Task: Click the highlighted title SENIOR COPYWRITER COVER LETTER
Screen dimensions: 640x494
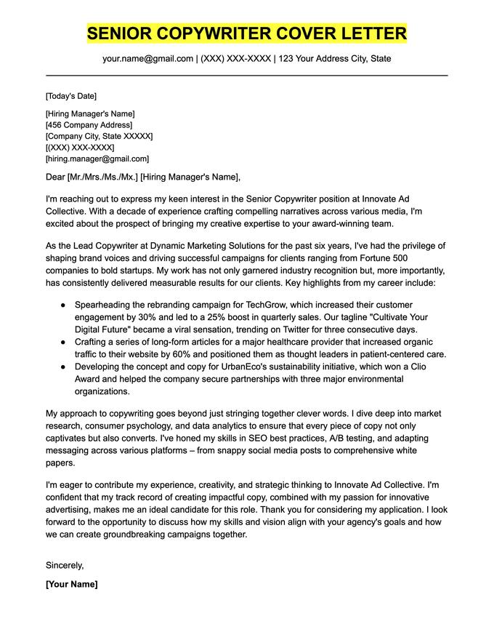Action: (x=247, y=33)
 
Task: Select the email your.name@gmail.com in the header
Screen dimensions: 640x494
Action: (x=147, y=58)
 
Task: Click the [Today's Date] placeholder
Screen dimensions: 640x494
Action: (x=70, y=96)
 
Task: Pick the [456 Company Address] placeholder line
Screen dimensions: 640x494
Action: (x=89, y=124)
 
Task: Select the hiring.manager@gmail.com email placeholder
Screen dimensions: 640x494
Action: (x=97, y=159)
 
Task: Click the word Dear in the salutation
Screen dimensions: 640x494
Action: (x=55, y=177)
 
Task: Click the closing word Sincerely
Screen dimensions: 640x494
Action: (x=65, y=565)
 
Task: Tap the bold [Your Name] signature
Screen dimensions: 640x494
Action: (x=71, y=584)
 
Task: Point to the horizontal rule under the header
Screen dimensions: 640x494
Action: (x=247, y=75)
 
